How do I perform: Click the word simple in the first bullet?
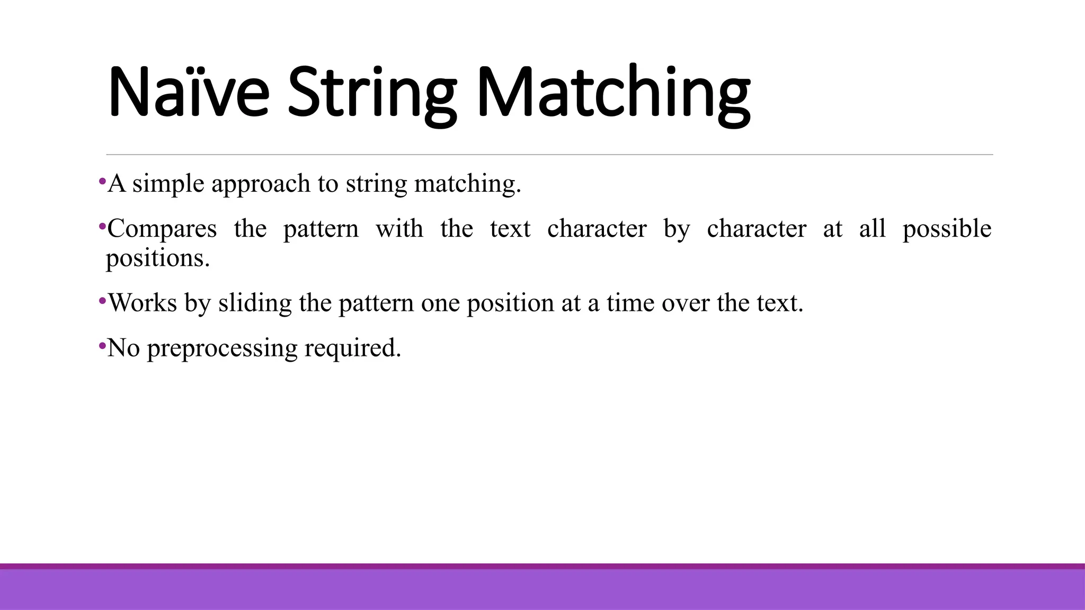(x=168, y=184)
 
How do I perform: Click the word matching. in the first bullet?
(x=467, y=184)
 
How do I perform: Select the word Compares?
(x=162, y=229)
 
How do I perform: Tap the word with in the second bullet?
(x=399, y=229)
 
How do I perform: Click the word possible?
(x=947, y=229)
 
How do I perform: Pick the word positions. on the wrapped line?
(x=158, y=258)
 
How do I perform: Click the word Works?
(x=143, y=303)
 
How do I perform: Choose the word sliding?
(x=255, y=303)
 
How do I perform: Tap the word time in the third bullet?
(x=630, y=303)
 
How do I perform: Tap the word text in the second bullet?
(x=510, y=229)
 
